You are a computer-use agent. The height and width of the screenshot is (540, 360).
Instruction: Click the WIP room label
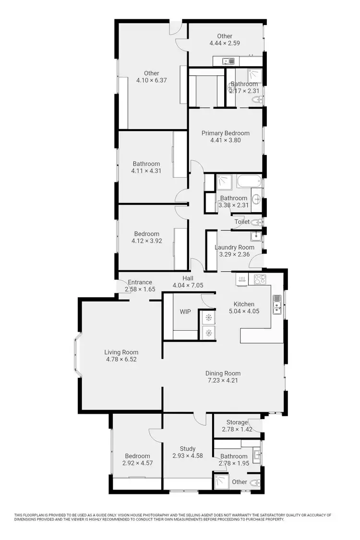tap(185, 312)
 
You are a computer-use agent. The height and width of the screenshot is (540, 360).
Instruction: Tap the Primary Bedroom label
tap(225, 133)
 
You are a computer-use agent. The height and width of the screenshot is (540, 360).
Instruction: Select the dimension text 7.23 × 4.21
tap(223, 381)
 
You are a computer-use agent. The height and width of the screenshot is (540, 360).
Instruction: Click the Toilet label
tap(242, 222)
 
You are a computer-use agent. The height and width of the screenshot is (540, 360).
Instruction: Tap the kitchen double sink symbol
tap(277, 304)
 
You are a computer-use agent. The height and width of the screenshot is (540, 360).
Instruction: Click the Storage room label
tap(237, 422)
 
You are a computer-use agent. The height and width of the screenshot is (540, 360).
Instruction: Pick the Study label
tap(188, 449)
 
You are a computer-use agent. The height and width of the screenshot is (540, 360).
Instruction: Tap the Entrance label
tap(140, 282)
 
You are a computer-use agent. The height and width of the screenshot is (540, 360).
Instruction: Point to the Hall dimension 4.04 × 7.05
tap(188, 285)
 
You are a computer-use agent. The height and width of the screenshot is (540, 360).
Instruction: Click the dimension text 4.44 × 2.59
tap(225, 43)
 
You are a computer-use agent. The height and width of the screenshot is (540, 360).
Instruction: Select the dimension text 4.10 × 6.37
tap(152, 80)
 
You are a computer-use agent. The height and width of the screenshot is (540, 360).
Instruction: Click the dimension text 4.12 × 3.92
tap(147, 241)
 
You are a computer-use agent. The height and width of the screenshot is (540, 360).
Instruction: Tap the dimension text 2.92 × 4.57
tap(137, 463)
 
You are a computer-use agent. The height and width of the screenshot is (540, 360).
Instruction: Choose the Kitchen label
tap(244, 304)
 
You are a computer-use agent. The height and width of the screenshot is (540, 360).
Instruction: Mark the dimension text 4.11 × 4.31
tap(146, 170)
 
